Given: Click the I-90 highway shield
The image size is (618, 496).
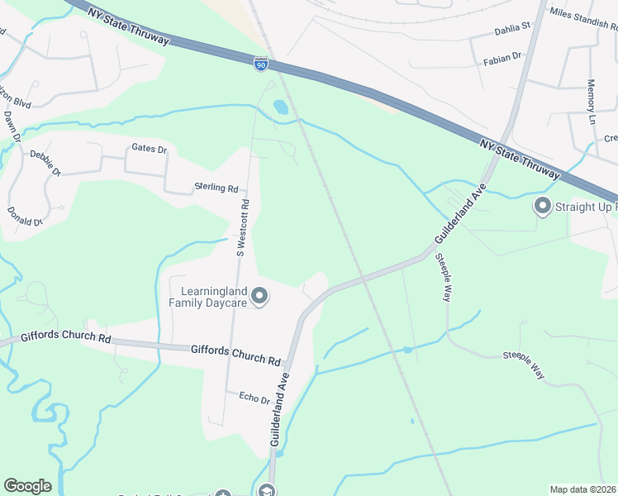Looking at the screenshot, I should (x=260, y=62).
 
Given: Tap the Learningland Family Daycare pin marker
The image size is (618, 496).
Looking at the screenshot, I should (x=259, y=296).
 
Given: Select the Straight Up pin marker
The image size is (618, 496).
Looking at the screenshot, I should (x=543, y=206).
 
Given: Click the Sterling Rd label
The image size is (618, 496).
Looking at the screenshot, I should (x=216, y=188).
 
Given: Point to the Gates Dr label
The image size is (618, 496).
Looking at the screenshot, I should (x=150, y=150).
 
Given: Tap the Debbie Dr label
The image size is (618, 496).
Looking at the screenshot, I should (x=45, y=162).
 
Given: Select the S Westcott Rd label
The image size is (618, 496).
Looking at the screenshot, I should (x=242, y=227).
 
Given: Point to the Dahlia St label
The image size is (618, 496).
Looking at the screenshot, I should (x=511, y=28).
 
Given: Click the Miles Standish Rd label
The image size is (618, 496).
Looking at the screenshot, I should (x=582, y=14).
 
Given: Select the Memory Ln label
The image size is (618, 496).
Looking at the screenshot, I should (x=591, y=101).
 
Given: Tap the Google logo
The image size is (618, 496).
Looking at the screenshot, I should (x=27, y=486).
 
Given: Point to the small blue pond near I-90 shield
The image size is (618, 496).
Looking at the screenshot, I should (x=280, y=107).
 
